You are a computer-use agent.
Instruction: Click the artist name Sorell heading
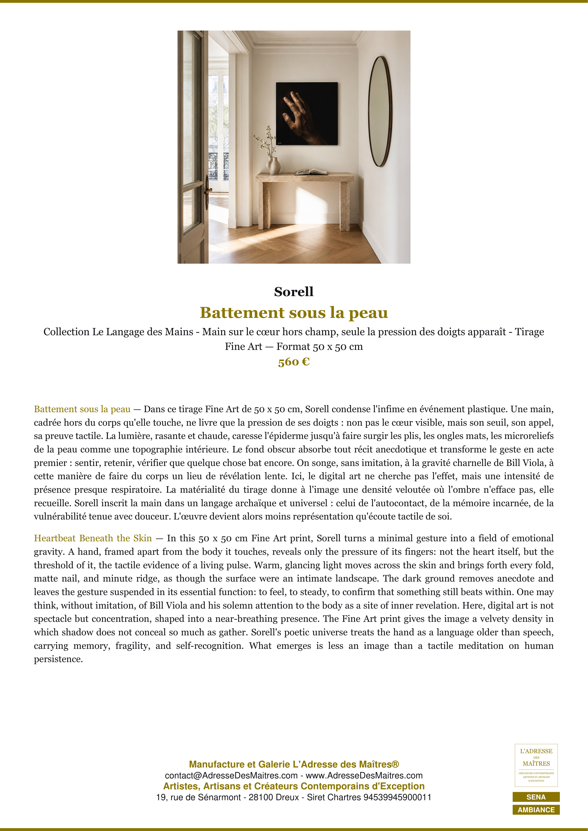pyautogui.click(x=294, y=292)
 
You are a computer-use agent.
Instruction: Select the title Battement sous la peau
pyautogui.click(x=294, y=313)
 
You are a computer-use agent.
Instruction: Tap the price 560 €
pyautogui.click(x=294, y=362)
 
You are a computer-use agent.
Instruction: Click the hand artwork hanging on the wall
pyautogui.click(x=307, y=113)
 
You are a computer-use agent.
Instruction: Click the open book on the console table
pyautogui.click(x=311, y=172)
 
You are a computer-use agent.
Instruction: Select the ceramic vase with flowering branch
pyautogui.click(x=273, y=165)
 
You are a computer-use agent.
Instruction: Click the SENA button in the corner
pyautogui.click(x=536, y=797)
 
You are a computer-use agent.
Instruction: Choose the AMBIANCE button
pyautogui.click(x=536, y=810)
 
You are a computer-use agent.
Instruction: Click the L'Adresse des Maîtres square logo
pyautogui.click(x=536, y=765)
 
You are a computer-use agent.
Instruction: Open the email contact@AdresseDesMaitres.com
pyautogui.click(x=231, y=776)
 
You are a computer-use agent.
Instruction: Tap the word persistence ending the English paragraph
pyautogui.click(x=58, y=659)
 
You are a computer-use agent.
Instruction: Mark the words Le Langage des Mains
pyautogui.click(x=143, y=332)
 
